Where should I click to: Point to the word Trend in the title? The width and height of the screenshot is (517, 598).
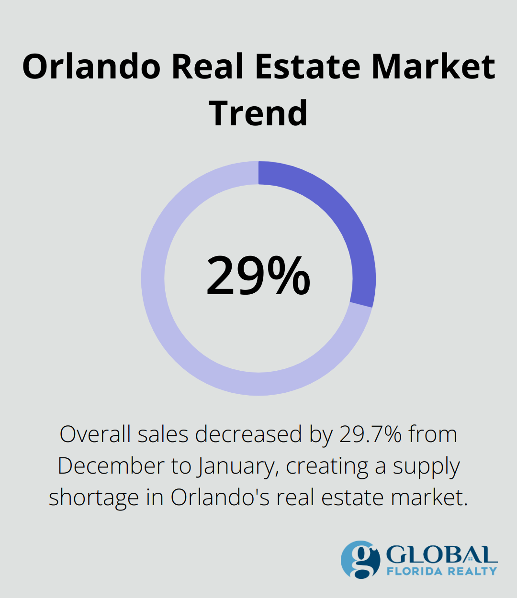(258, 113)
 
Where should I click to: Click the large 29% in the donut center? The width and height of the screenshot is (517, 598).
(258, 277)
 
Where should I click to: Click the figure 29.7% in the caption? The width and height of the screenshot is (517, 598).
(371, 434)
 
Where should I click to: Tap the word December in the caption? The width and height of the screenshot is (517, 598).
(110, 466)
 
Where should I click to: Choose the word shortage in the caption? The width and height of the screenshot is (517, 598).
(93, 498)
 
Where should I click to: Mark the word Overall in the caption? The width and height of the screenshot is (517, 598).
(95, 434)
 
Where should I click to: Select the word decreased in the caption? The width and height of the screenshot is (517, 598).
(248, 434)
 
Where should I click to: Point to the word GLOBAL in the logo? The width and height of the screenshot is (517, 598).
(440, 555)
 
